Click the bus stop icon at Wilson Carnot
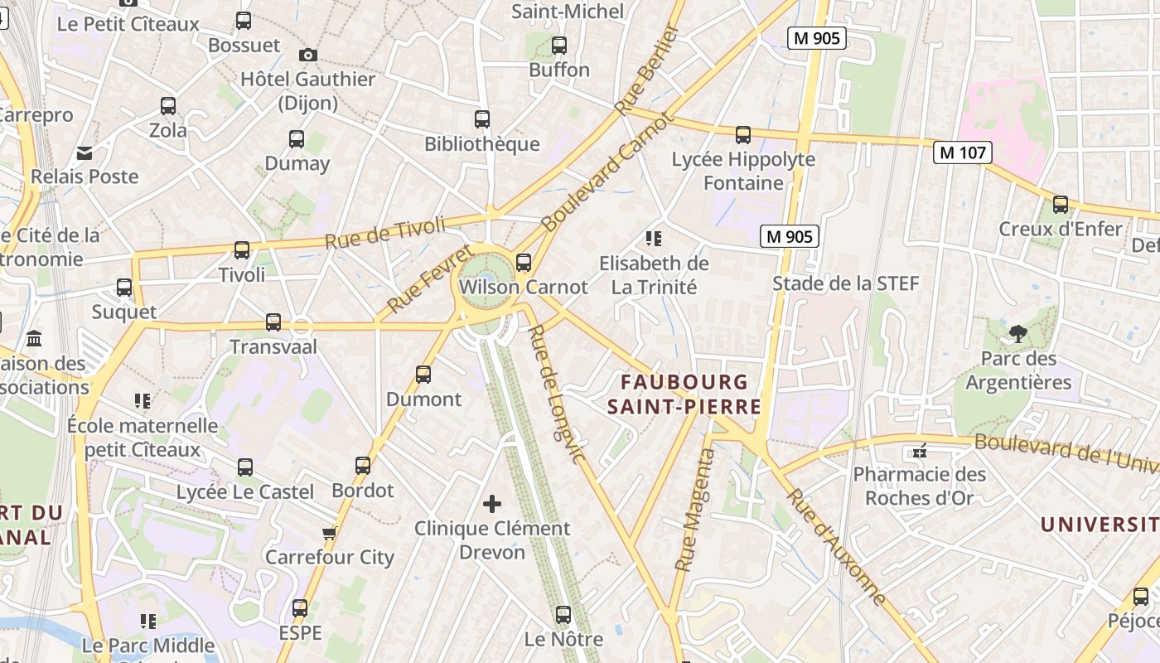coord(523,263)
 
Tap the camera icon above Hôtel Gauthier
coord(308,55)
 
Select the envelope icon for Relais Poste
coord(85,152)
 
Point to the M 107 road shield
coord(962,152)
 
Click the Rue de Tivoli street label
coord(384,232)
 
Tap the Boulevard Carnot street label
coord(607,172)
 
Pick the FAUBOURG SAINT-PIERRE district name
coord(684,394)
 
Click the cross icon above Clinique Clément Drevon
coord(492,504)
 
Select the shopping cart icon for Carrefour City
coord(330,532)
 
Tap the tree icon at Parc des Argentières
coord(1018,334)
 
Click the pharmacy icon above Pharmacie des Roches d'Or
coord(919,451)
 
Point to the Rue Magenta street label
coord(694,510)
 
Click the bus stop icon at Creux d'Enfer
coord(1060,205)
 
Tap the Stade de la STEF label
coord(845,283)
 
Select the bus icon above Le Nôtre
coord(563,615)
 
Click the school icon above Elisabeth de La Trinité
coord(654,239)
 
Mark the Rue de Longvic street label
coord(557,394)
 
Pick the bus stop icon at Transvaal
coord(273,322)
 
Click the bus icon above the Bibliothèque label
coord(481,119)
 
